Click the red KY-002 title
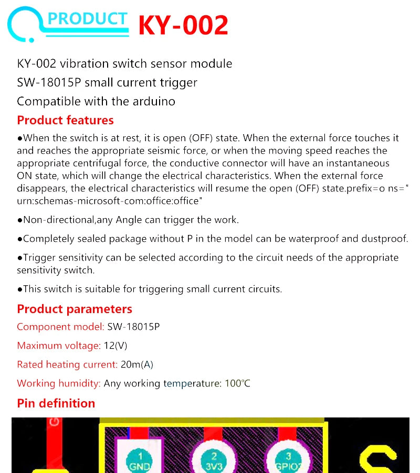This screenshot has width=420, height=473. click(183, 25)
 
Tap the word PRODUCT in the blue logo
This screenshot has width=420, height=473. click(87, 19)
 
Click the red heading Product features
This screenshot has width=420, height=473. click(65, 120)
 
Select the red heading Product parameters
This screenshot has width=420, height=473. click(75, 309)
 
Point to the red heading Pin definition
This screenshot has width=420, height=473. click(56, 403)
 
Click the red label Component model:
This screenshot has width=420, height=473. click(60, 327)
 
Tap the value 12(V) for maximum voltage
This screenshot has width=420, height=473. click(115, 346)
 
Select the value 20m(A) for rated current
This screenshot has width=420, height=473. click(136, 364)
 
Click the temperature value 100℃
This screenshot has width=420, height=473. click(237, 383)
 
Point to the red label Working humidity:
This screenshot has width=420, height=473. click(59, 383)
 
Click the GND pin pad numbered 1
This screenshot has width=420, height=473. click(140, 459)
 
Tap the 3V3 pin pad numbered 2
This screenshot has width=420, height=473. click(214, 459)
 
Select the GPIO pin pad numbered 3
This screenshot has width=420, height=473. click(288, 459)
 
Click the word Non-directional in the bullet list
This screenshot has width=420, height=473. click(59, 220)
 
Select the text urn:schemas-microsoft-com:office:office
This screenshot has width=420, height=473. click(106, 201)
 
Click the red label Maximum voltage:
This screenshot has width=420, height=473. click(58, 346)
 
